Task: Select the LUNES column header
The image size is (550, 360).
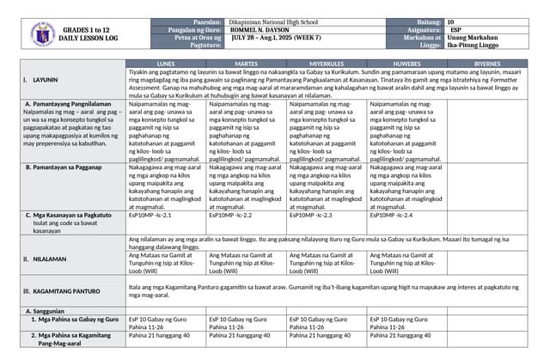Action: point(167,64)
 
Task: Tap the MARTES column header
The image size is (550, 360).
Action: point(247,64)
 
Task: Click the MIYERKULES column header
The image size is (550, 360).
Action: point(327,64)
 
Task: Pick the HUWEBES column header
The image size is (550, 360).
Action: point(406,64)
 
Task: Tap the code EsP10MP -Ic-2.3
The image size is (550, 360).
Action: point(310,216)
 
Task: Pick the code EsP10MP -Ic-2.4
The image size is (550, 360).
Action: point(391,216)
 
